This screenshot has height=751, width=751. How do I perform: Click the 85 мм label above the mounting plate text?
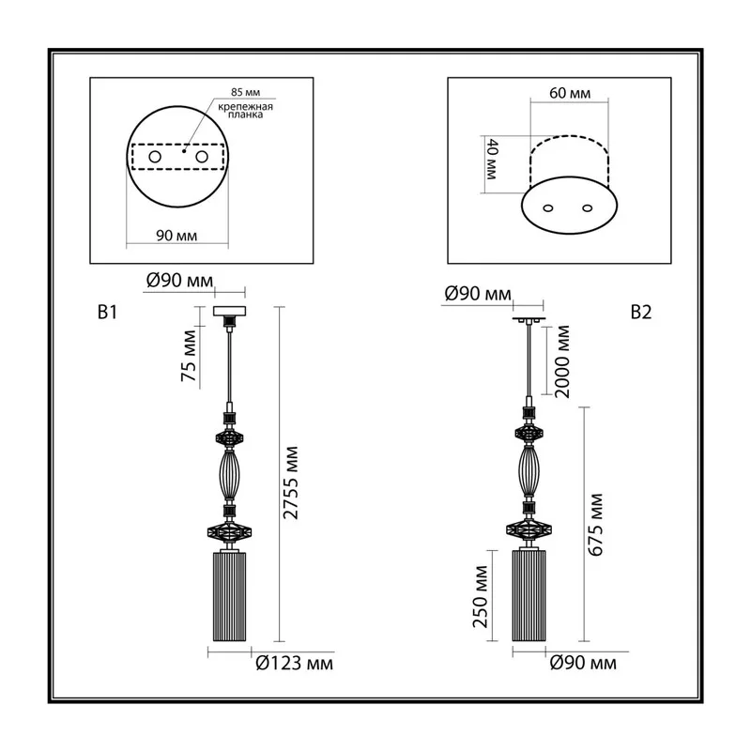(x=245, y=92)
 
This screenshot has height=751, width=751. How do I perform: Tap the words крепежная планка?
(x=245, y=111)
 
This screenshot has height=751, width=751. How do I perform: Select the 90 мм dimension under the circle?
(x=176, y=236)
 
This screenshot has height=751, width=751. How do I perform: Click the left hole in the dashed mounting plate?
(x=155, y=157)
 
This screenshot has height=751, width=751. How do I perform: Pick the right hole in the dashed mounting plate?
(x=202, y=157)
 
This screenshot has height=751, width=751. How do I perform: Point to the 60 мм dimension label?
(x=570, y=92)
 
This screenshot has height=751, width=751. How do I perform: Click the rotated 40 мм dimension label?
(x=492, y=159)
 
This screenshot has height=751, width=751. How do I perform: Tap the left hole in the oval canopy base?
(x=548, y=207)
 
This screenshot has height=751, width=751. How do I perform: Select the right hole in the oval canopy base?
(x=588, y=207)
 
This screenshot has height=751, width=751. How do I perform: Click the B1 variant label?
(x=107, y=313)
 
